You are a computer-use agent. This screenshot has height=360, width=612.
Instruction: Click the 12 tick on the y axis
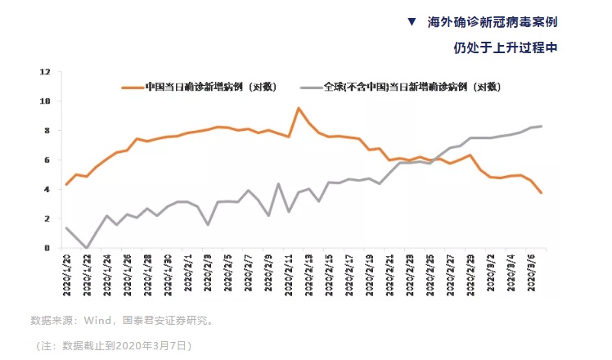pos(46,72)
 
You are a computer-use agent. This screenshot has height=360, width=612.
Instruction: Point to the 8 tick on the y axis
pos(47,131)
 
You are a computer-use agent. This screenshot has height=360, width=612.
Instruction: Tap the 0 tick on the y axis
pos(47,248)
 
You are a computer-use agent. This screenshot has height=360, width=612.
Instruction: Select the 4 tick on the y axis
pos(47,189)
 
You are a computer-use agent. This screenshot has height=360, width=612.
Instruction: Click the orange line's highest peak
pos(299,108)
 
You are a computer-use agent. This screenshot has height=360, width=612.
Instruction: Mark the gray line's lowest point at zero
pos(87,247)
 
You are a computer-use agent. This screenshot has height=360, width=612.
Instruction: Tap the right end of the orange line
pos(541,192)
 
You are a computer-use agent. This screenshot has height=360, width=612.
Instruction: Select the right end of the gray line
pos(541,126)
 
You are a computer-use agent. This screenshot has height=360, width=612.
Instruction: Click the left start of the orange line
pos(66,184)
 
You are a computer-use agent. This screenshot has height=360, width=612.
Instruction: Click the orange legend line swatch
pos(132,87)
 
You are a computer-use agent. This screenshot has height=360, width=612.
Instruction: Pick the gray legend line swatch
pos(311,87)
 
